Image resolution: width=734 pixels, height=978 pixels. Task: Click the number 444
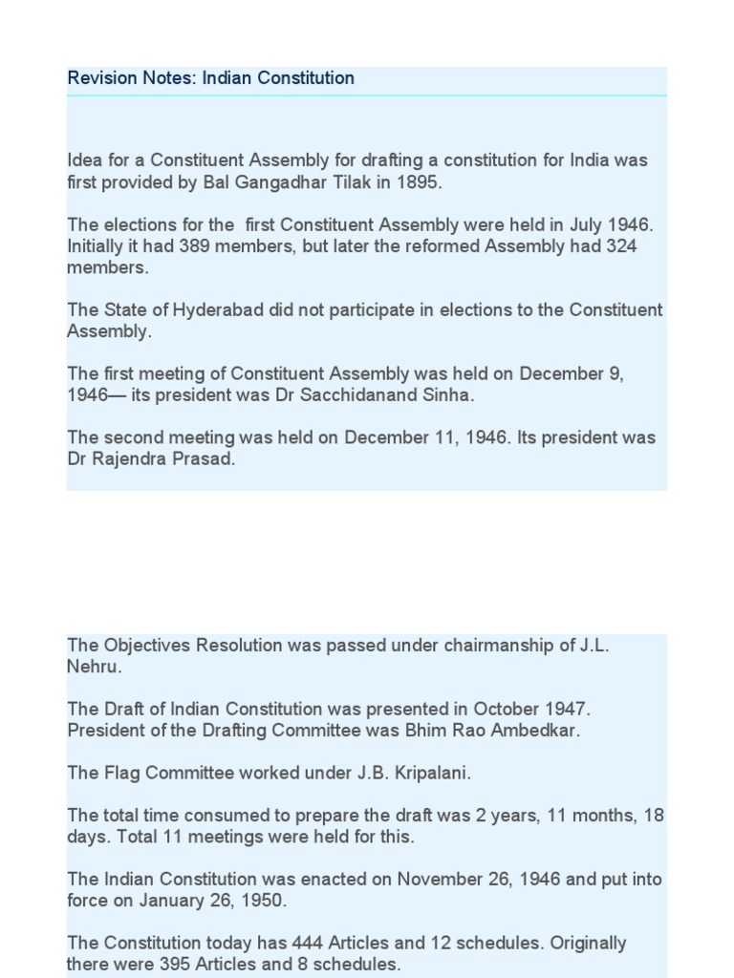pyautogui.click(x=274, y=944)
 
